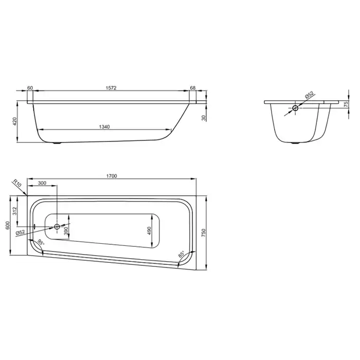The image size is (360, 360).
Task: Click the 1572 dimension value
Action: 111,88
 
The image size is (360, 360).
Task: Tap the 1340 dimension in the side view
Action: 104,127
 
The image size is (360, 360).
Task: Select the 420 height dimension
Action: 15,121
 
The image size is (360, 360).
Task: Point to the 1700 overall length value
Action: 112,176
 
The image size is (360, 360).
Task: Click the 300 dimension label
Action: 42,183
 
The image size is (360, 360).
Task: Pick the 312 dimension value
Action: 15,211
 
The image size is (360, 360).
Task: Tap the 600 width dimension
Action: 8,225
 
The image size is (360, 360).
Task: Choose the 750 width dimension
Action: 204,233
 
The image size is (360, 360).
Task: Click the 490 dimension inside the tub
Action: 149,231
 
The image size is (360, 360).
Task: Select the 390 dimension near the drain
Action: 66,231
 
